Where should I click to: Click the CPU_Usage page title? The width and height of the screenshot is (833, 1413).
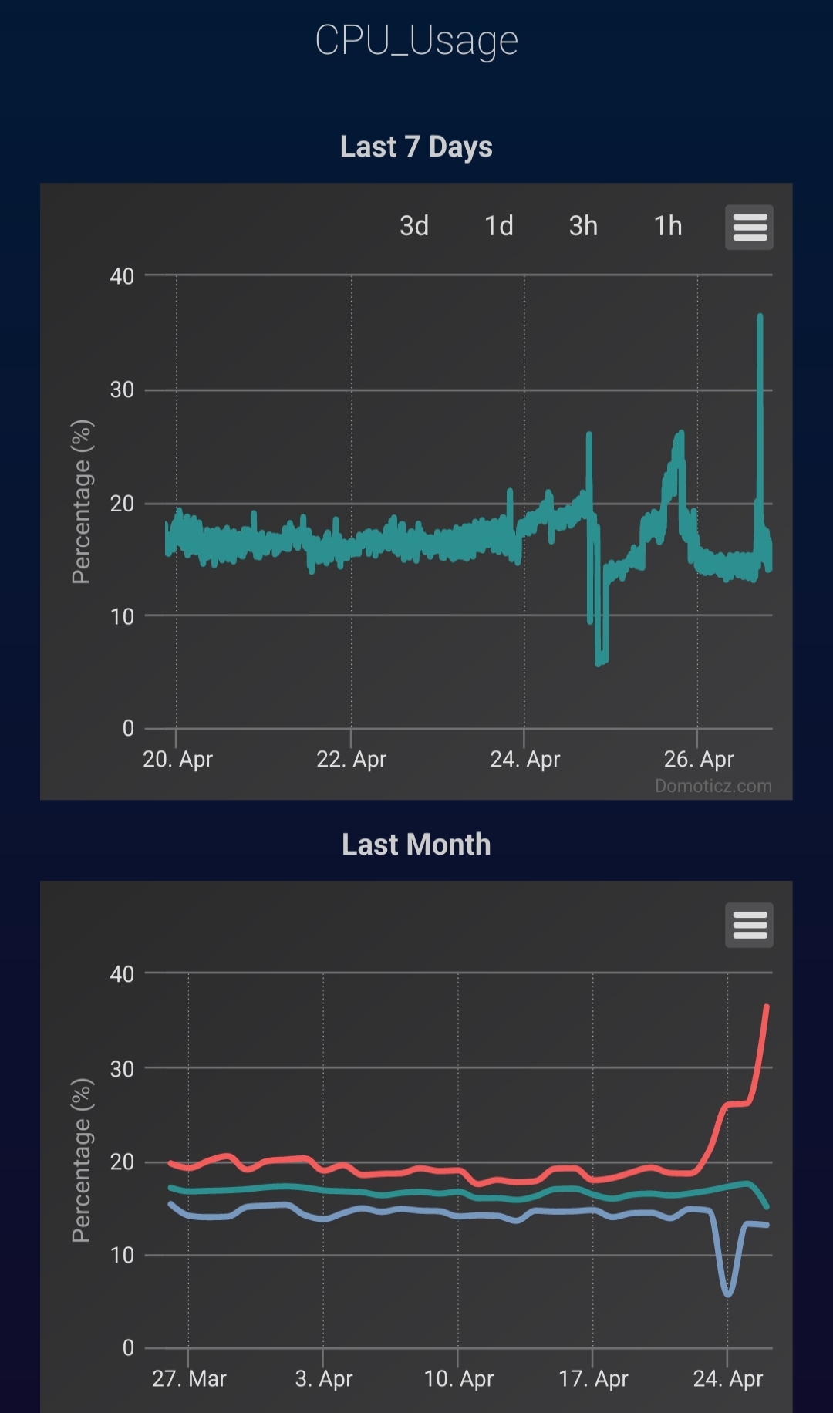point(416,40)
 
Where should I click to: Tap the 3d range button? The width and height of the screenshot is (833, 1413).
point(414,226)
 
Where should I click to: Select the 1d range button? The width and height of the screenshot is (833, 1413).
point(499,226)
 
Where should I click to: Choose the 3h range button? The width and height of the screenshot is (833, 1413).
point(583,226)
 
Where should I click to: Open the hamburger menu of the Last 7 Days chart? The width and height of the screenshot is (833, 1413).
point(749,228)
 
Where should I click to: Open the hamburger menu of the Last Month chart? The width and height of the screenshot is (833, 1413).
point(749,925)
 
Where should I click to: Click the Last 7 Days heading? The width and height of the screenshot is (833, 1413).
point(416,147)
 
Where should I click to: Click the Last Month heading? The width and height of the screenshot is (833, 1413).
point(416,845)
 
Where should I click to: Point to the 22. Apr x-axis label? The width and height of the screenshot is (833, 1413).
point(351,760)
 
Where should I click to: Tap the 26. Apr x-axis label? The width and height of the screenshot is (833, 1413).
point(699,760)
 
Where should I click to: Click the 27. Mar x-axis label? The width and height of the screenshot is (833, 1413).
point(189,1378)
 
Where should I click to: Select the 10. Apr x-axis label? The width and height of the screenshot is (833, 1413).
point(459,1378)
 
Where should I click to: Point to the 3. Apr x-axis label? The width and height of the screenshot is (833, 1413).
point(324,1378)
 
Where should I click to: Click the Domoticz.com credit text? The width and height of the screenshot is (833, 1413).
point(713,786)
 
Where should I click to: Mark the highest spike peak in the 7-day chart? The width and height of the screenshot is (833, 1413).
point(760,316)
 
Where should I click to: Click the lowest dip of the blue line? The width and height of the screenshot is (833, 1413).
point(728,1293)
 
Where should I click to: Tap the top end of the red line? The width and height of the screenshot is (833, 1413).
point(767,1007)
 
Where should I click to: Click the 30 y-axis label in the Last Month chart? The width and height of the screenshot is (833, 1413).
point(122,1069)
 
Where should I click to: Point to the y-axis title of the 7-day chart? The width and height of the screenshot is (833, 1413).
point(82,501)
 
